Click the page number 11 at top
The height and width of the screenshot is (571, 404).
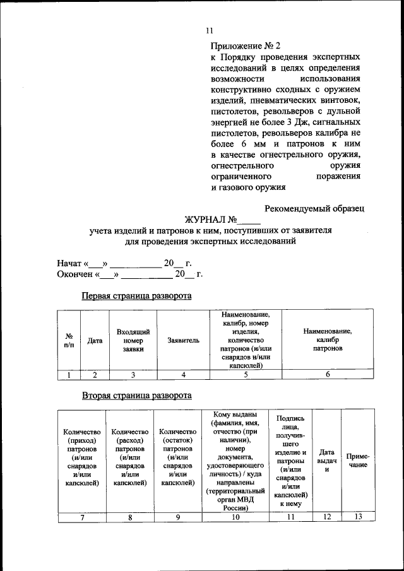(x=210, y=30)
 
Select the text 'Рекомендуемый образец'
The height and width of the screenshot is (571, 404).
(x=314, y=208)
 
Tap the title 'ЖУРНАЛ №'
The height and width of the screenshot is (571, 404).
(x=210, y=220)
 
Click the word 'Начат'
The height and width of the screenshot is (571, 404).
(x=69, y=263)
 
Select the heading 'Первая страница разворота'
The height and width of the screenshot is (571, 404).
(x=136, y=296)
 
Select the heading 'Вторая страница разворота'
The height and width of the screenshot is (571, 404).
(x=136, y=396)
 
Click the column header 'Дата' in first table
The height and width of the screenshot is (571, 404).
(x=95, y=341)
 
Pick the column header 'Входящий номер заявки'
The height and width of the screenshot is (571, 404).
(x=133, y=340)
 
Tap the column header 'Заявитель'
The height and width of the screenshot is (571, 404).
(x=183, y=341)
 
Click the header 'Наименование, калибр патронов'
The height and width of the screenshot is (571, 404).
(x=327, y=340)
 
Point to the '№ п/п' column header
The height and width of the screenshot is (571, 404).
(x=69, y=341)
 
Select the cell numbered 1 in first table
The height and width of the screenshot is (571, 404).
(x=69, y=375)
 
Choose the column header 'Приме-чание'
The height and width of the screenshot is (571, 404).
(x=358, y=460)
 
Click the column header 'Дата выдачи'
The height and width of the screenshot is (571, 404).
(x=326, y=461)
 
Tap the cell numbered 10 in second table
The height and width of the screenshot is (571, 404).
(x=235, y=517)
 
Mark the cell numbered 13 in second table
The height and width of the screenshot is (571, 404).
(x=358, y=517)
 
